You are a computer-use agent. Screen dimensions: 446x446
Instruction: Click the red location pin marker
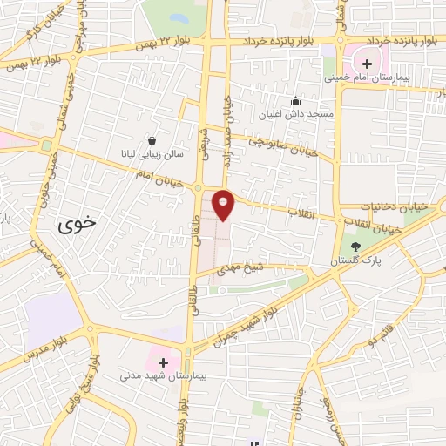(224, 204)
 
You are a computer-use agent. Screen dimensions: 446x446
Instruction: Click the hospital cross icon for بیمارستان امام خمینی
(368, 64)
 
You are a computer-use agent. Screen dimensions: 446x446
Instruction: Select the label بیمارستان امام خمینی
(368, 78)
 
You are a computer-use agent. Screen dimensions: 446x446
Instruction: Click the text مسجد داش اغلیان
(296, 113)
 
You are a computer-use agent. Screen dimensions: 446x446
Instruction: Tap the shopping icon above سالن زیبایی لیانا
(152, 139)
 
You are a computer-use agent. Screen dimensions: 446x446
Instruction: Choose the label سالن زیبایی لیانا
(152, 153)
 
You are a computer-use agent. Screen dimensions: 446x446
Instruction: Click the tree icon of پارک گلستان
(355, 247)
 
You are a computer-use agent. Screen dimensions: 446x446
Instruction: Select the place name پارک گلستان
(348, 260)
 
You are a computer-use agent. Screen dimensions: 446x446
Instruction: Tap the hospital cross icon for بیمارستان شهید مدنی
(163, 361)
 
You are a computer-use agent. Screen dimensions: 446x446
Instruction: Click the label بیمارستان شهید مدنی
(162, 375)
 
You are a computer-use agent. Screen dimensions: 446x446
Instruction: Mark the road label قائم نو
(386, 330)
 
